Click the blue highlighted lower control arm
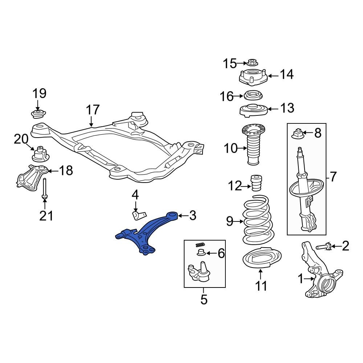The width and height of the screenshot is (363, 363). point(143,234)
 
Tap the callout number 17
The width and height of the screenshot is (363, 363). point(93,110)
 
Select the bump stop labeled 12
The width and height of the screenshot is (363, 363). point(257,182)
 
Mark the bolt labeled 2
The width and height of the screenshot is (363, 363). point(323,247)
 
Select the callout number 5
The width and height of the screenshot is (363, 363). point(204,300)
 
